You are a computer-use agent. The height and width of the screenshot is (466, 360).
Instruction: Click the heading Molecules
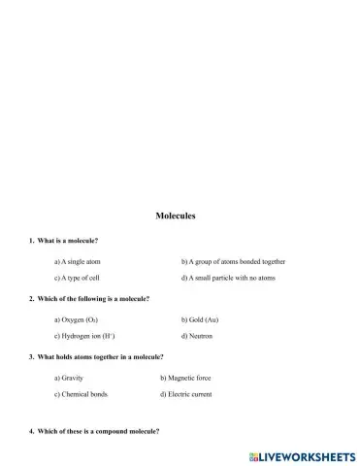click(x=176, y=216)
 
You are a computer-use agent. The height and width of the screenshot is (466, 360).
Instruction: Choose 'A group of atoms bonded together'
click(x=233, y=261)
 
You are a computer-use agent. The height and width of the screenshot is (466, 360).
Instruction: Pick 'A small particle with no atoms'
click(x=228, y=279)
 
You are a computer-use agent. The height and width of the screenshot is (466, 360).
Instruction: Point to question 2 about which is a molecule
click(x=90, y=298)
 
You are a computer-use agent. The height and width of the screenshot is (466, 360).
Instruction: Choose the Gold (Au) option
click(x=199, y=318)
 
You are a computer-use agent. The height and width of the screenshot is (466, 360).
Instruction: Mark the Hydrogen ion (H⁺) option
click(x=85, y=336)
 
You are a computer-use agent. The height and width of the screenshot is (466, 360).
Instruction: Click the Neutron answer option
click(x=196, y=336)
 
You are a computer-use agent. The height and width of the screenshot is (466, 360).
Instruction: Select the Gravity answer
click(x=71, y=378)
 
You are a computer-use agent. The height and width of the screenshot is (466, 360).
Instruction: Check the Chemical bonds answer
click(x=82, y=395)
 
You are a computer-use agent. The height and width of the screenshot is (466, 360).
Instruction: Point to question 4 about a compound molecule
click(x=95, y=430)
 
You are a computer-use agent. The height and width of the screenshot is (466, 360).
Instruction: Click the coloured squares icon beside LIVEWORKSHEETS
click(x=254, y=455)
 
